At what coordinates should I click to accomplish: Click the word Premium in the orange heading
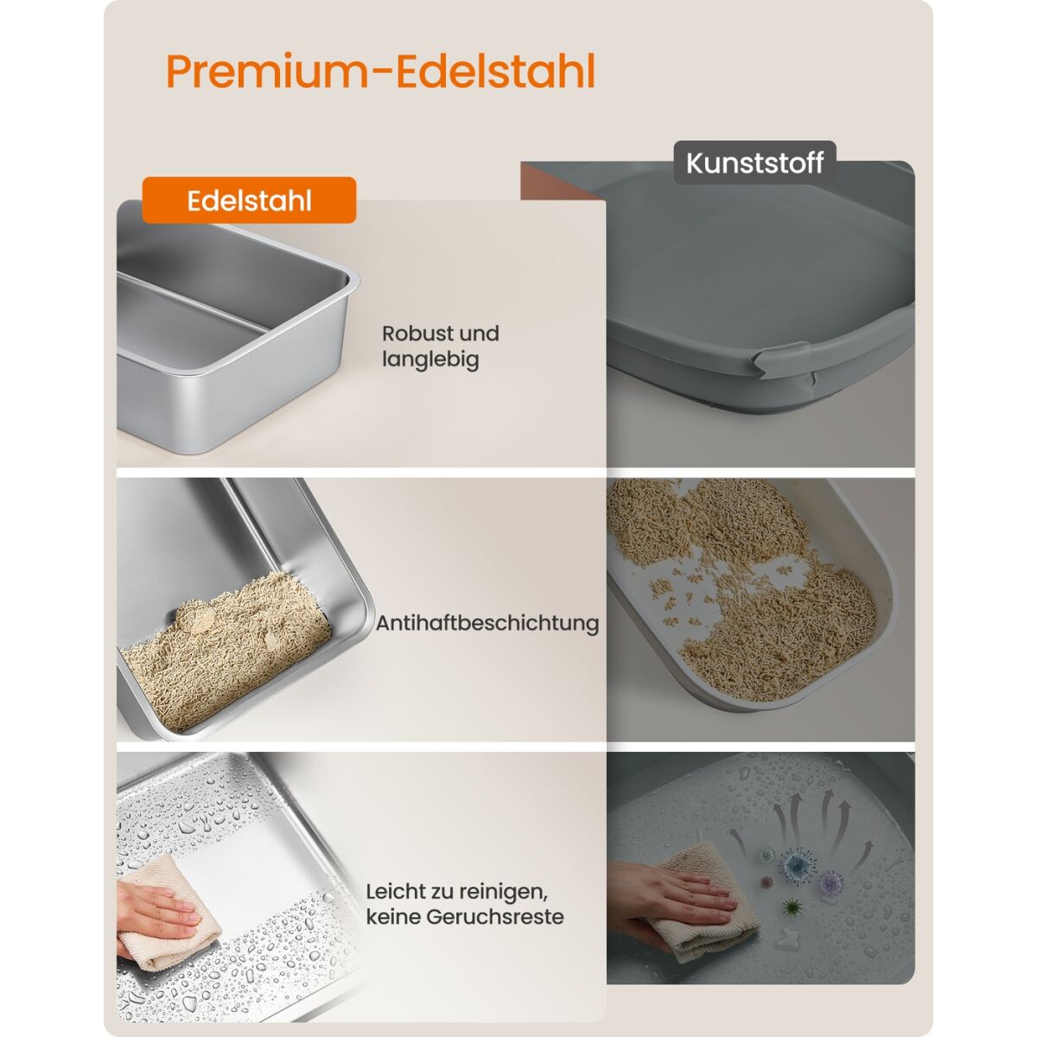point(267,72)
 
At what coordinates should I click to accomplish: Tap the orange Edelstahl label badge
point(249,200)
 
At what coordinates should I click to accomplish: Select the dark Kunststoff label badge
point(754,162)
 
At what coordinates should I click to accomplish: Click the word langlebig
point(430,359)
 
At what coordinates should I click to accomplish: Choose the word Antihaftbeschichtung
point(487,623)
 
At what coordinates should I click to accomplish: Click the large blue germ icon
point(798,866)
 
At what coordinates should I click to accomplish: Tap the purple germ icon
point(831,883)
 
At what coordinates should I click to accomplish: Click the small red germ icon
point(766,882)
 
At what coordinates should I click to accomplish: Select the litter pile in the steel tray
point(226,652)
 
